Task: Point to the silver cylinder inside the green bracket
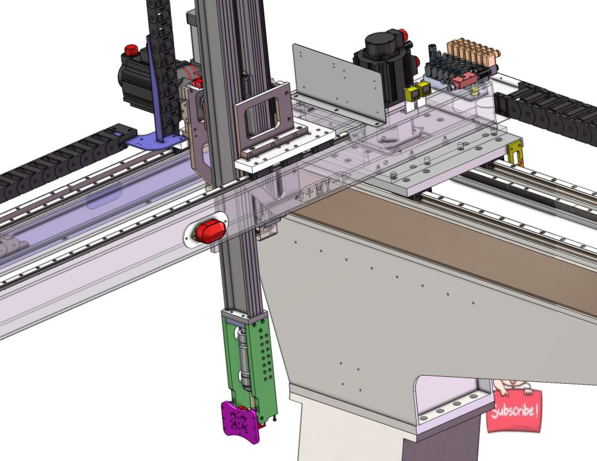pos(243,357)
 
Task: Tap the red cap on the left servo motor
pos(132,50)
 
